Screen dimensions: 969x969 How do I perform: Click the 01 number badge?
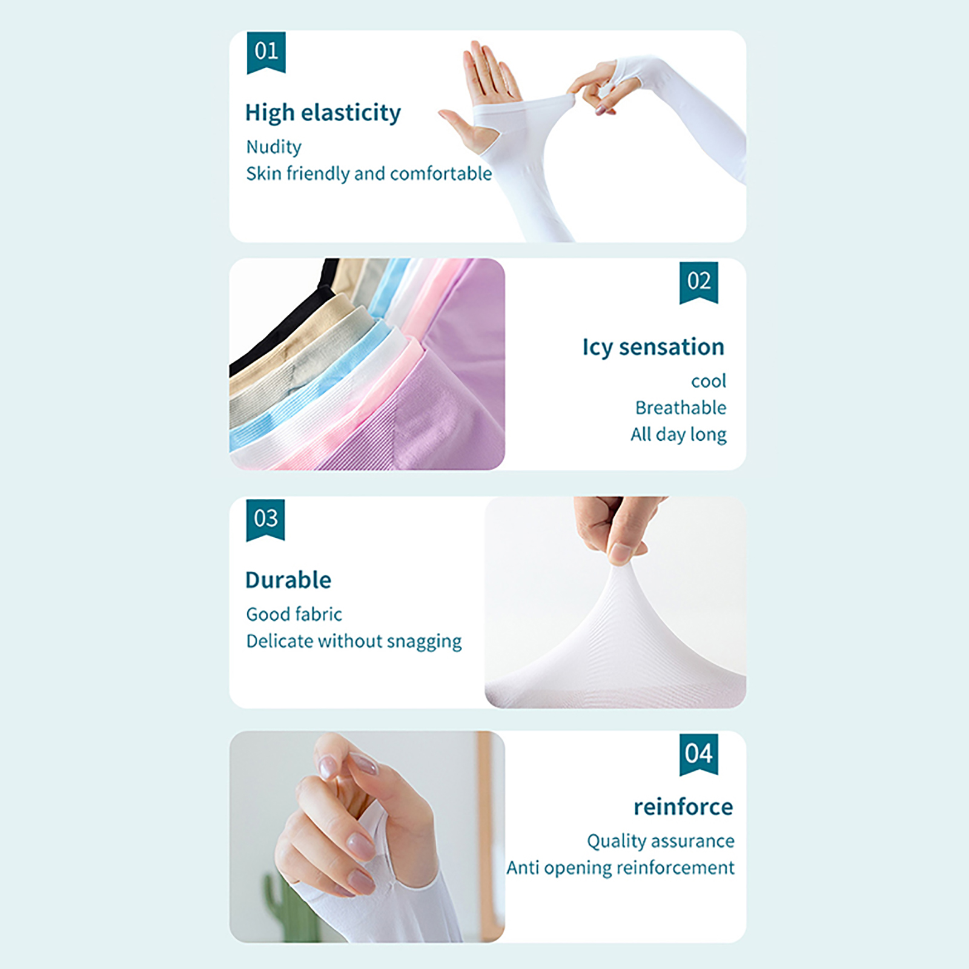click(266, 53)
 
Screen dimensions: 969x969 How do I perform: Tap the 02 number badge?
click(698, 283)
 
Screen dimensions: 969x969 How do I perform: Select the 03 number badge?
click(265, 520)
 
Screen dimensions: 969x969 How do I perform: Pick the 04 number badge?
click(698, 755)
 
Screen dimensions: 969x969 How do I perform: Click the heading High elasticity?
click(323, 113)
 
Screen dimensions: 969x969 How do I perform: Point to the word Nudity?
click(274, 147)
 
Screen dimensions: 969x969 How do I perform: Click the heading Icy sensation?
click(653, 347)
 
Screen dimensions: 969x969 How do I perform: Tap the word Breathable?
click(681, 408)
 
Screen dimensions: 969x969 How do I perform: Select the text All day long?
click(678, 435)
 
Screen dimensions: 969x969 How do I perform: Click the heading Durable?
click(288, 580)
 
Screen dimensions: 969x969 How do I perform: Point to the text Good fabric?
click(294, 614)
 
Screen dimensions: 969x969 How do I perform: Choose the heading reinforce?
click(683, 807)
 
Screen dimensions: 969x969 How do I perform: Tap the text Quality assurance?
click(661, 841)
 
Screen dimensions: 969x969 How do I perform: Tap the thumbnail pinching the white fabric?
click(620, 552)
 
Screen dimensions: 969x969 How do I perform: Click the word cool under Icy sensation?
click(709, 382)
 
